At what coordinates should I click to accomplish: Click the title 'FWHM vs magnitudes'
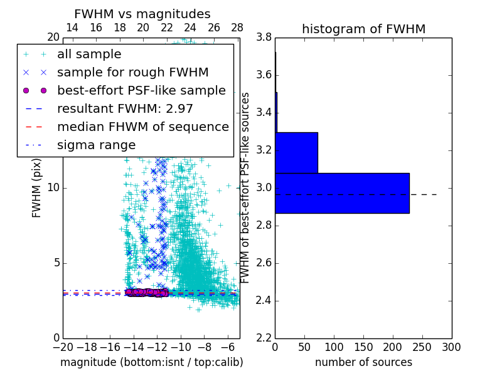point(142,14)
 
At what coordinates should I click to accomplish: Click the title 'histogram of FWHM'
point(363,29)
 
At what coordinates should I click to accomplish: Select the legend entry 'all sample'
point(89,55)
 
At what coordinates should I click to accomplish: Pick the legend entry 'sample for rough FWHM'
point(132,73)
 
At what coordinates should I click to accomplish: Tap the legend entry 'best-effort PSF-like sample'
point(141,91)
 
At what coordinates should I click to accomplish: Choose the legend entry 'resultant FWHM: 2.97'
point(125,109)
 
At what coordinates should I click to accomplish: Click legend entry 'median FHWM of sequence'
point(142,127)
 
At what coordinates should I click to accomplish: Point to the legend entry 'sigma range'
point(96,145)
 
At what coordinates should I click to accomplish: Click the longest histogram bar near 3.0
point(342,193)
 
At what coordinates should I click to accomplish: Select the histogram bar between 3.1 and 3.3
point(296,152)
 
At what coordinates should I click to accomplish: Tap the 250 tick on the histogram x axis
point(422,347)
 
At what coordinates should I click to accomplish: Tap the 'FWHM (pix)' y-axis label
point(37,188)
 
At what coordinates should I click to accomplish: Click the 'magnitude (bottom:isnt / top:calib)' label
point(152,362)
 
